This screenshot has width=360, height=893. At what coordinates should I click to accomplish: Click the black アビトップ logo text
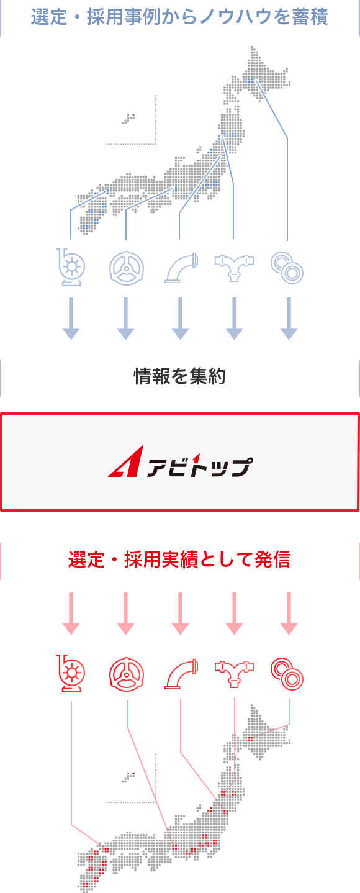pyautogui.click(x=200, y=466)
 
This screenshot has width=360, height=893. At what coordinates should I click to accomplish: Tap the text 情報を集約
pyautogui.click(x=180, y=376)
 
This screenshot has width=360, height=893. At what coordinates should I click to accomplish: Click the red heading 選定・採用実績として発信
pyautogui.click(x=179, y=560)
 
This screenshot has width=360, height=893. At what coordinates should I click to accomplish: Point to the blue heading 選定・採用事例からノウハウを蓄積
pyautogui.click(x=179, y=17)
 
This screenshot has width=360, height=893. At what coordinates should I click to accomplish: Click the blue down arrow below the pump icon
pyautogui.click(x=71, y=319)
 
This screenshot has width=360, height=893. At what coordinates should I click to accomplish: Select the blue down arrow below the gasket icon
pyautogui.click(x=289, y=319)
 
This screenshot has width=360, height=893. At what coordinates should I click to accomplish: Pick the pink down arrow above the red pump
pyautogui.click(x=71, y=614)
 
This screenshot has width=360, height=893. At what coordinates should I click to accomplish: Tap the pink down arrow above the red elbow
pyautogui.click(x=180, y=614)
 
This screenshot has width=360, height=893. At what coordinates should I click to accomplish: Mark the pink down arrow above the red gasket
pyautogui.click(x=289, y=614)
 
